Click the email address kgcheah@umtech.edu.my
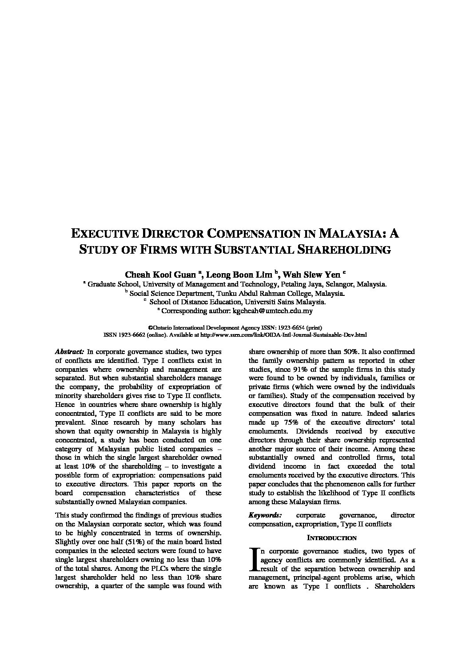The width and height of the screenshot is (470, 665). pos(272,311)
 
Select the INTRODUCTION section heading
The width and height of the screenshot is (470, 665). pos(332,538)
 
